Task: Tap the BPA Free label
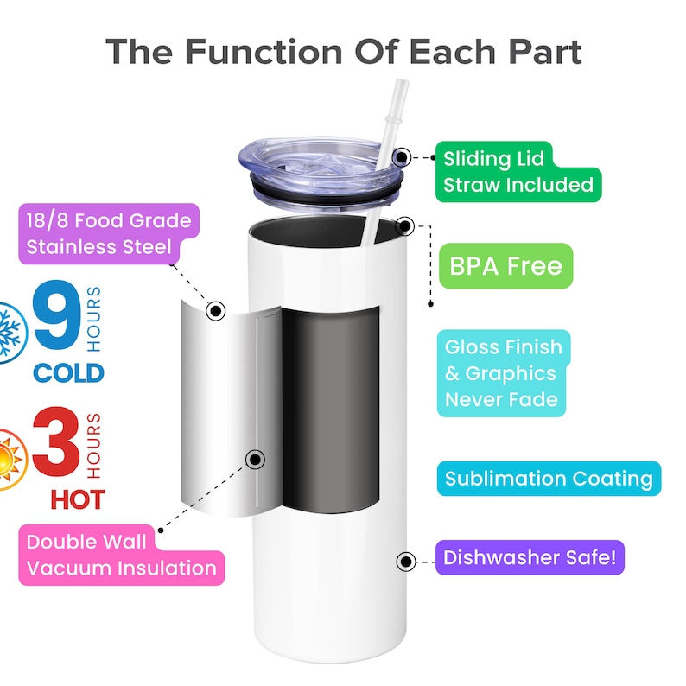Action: click(505, 265)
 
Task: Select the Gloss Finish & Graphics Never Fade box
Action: click(503, 373)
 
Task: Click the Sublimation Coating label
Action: click(549, 479)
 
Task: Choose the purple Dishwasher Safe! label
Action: click(529, 558)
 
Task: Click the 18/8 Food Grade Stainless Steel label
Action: click(108, 234)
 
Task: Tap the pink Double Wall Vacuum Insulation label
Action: click(121, 556)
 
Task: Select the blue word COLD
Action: click(68, 373)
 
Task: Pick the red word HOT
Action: click(77, 499)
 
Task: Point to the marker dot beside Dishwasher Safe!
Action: click(404, 561)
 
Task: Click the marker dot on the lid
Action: click(402, 158)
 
